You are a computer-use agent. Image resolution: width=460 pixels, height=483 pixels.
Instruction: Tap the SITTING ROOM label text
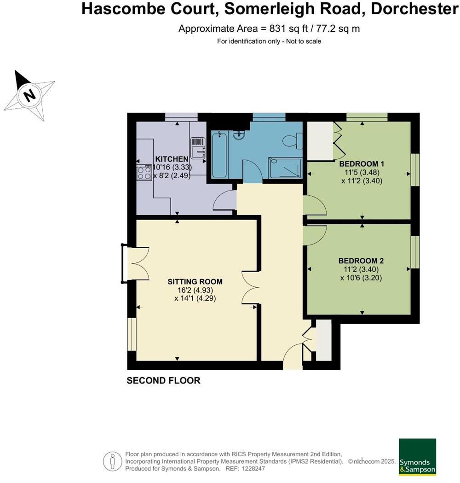point(195,282)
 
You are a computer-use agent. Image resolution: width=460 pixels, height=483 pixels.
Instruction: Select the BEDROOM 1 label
point(362,164)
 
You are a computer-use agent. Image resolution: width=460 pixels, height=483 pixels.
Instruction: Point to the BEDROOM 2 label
point(361,261)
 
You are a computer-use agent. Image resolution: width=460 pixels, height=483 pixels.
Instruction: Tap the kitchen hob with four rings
point(144,173)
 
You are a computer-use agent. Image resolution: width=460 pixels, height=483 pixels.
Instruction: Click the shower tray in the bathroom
point(285,168)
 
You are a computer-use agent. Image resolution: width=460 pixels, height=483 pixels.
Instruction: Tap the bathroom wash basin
point(239,134)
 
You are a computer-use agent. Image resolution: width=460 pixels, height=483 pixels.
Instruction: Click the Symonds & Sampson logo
point(417,457)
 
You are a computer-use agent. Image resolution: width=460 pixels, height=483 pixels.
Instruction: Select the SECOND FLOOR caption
point(163,381)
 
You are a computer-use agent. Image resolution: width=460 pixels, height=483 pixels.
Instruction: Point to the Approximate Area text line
point(269,29)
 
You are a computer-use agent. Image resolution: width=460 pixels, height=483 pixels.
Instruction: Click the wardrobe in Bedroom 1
point(320,140)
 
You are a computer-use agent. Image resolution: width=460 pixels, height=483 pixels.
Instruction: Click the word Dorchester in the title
point(415,9)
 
